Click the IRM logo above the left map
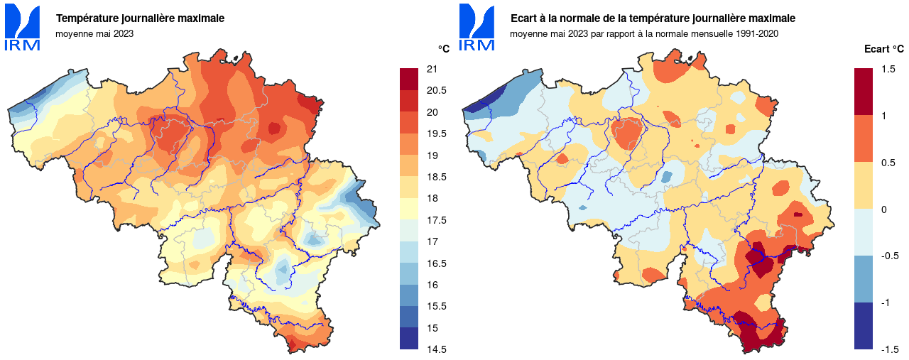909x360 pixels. click(x=22, y=27)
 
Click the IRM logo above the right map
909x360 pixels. click(x=477, y=27)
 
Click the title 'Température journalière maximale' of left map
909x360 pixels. click(x=140, y=18)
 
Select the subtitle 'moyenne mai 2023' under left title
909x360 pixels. click(x=94, y=33)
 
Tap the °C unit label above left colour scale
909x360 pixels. click(x=443, y=49)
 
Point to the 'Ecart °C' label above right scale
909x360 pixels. click(x=883, y=49)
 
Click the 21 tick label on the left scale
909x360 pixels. click(x=432, y=69)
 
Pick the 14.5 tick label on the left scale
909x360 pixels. click(x=436, y=349)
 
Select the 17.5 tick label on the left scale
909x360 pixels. click(x=436, y=220)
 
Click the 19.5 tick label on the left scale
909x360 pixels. click(x=436, y=133)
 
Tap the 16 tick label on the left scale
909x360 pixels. click(x=432, y=285)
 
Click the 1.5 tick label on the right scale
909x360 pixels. click(x=888, y=69)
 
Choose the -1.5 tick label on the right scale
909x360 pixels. click(x=889, y=349)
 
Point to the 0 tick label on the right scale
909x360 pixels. click(x=883, y=209)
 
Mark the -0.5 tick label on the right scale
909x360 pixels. click(x=889, y=256)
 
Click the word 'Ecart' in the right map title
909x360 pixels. click(x=524, y=18)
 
